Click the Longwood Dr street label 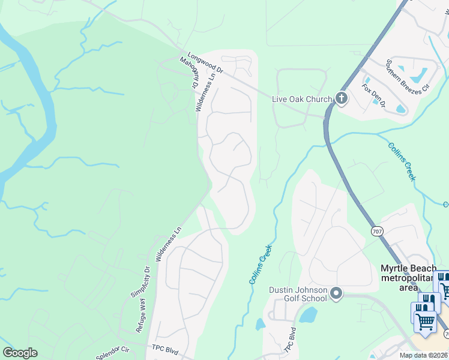[205, 62]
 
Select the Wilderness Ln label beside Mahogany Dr [204, 92]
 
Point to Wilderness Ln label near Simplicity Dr [169, 243]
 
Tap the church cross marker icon [342, 98]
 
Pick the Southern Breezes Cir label [408, 76]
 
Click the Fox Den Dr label [372, 94]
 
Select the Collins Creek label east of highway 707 [402, 161]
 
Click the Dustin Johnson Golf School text [298, 294]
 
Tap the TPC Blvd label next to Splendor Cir [166, 349]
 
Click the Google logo [20, 353]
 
